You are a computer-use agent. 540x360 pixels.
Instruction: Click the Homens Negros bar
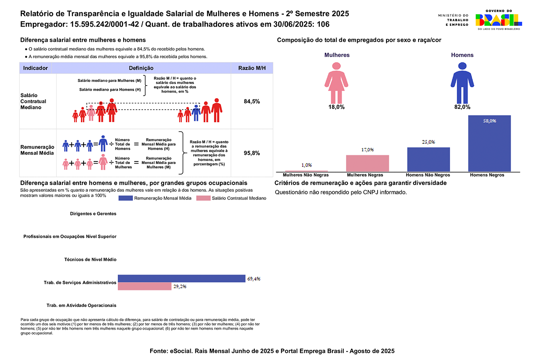coord(489,143)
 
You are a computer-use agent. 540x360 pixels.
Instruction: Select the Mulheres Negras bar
coord(367,163)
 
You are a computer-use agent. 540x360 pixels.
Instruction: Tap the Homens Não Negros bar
coord(428,159)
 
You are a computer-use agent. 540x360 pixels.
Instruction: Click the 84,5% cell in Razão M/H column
coord(252,102)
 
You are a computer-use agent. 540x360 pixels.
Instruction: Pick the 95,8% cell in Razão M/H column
coord(252,153)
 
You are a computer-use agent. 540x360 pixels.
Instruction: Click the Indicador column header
coord(35,68)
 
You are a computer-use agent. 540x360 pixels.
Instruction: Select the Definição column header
coord(141,68)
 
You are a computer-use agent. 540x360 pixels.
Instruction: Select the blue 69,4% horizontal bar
coord(181,278)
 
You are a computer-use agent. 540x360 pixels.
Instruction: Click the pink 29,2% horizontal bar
coord(144,286)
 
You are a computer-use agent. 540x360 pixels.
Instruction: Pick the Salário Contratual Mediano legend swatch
coord(204,198)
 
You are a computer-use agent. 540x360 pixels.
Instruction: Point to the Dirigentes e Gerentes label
coord(93,214)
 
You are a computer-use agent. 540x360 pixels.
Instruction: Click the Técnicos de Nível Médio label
coord(90,260)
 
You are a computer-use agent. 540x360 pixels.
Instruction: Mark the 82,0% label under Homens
coord(462,107)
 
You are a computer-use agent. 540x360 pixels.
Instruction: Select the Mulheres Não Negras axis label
coord(306,175)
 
